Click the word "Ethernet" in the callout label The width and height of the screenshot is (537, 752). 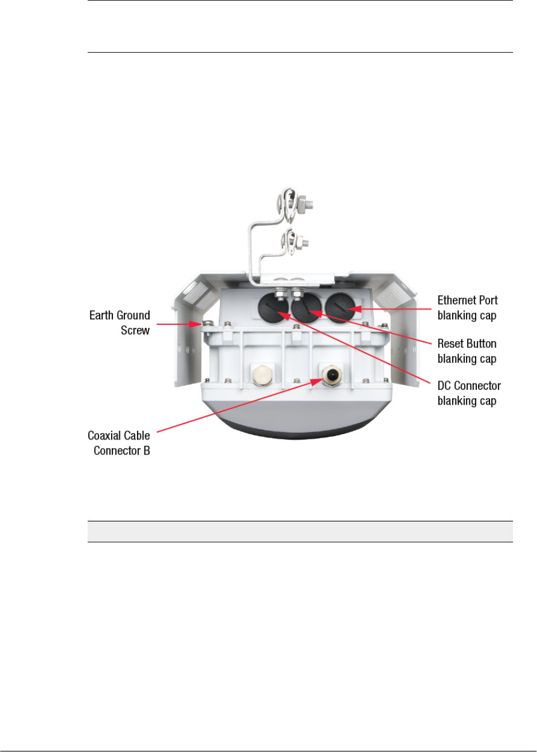457,300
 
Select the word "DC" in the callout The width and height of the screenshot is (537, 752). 445,386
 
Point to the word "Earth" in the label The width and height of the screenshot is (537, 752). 103,315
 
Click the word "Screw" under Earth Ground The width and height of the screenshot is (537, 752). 135,330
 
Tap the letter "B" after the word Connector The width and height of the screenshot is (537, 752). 146,451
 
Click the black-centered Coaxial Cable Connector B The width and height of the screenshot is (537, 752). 331,375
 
